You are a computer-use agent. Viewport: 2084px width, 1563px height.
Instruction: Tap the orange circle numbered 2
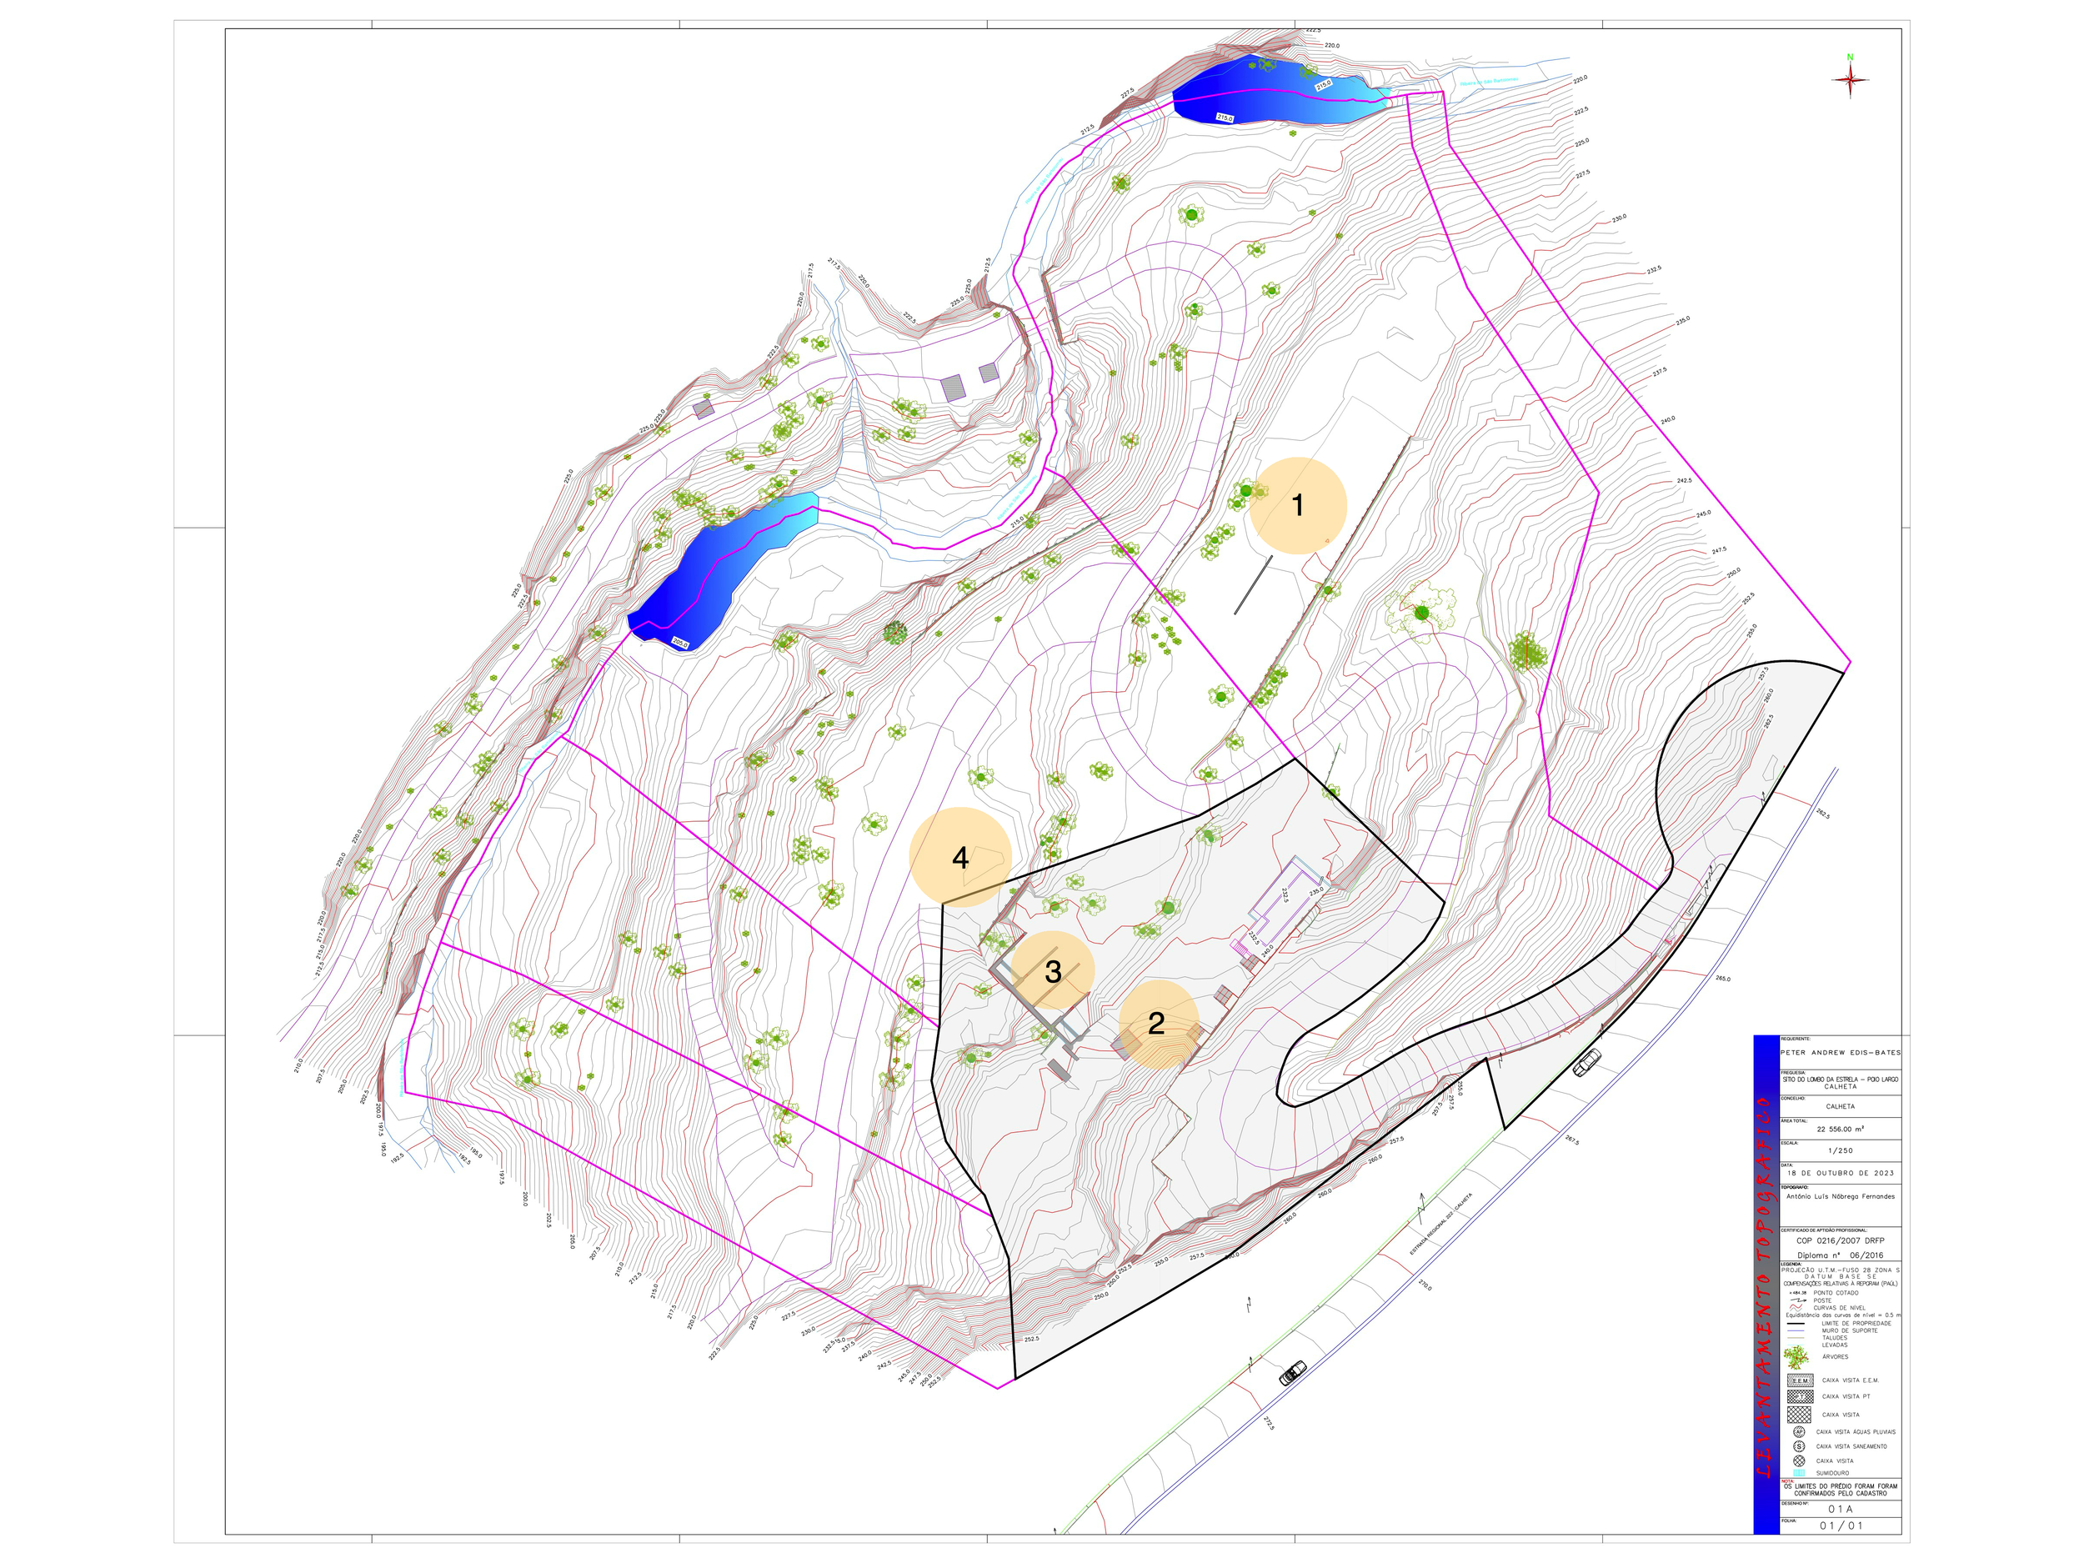coord(1158,1023)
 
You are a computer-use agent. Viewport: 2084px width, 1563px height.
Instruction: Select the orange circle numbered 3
coord(1052,971)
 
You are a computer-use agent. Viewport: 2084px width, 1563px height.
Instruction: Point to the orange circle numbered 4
coord(960,857)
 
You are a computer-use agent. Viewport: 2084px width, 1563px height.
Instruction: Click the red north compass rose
coord(1850,80)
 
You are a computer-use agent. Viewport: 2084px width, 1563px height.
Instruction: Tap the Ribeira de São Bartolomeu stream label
coord(1490,82)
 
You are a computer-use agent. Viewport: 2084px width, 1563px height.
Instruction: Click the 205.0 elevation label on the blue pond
coord(680,642)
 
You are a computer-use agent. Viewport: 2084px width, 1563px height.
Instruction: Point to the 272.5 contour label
coord(1268,1423)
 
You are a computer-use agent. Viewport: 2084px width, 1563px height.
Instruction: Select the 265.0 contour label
coord(1723,979)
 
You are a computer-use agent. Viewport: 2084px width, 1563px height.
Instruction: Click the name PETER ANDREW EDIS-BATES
coord(1840,1052)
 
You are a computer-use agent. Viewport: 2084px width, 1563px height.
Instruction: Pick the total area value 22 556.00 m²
coord(1840,1129)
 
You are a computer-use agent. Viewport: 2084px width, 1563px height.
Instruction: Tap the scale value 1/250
coord(1840,1150)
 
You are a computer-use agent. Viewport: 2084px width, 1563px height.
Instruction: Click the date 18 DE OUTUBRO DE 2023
coord(1840,1173)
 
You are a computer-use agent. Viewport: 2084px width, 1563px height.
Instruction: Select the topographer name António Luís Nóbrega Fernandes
coord(1840,1196)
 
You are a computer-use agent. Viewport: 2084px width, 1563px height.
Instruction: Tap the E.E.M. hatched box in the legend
coord(1800,1380)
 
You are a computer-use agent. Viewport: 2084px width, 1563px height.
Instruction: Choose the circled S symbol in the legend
coord(1799,1446)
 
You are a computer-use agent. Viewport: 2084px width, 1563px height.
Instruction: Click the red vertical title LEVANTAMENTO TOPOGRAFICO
coord(1765,1286)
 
